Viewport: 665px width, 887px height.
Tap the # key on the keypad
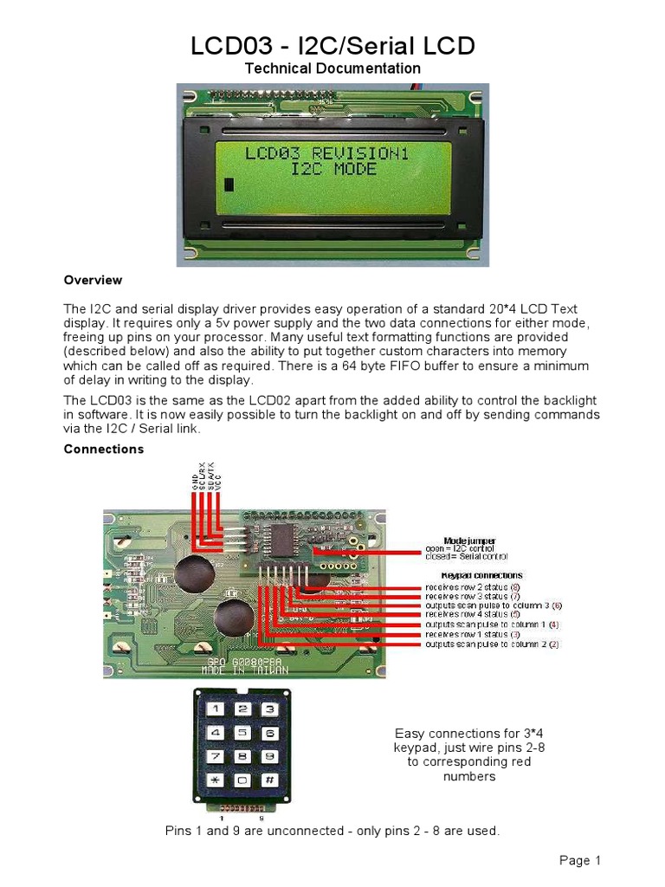pyautogui.click(x=269, y=779)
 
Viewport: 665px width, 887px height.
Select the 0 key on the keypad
pyautogui.click(x=244, y=779)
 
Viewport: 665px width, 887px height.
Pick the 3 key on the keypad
pyautogui.click(x=269, y=709)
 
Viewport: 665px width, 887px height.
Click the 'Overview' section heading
pyautogui.click(x=93, y=281)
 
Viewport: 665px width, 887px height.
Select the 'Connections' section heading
pyautogui.click(x=104, y=450)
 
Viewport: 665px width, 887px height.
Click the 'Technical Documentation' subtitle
pyautogui.click(x=332, y=68)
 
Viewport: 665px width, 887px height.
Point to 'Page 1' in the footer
pyautogui.click(x=579, y=860)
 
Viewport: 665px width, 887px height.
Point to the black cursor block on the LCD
pyautogui.click(x=229, y=185)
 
